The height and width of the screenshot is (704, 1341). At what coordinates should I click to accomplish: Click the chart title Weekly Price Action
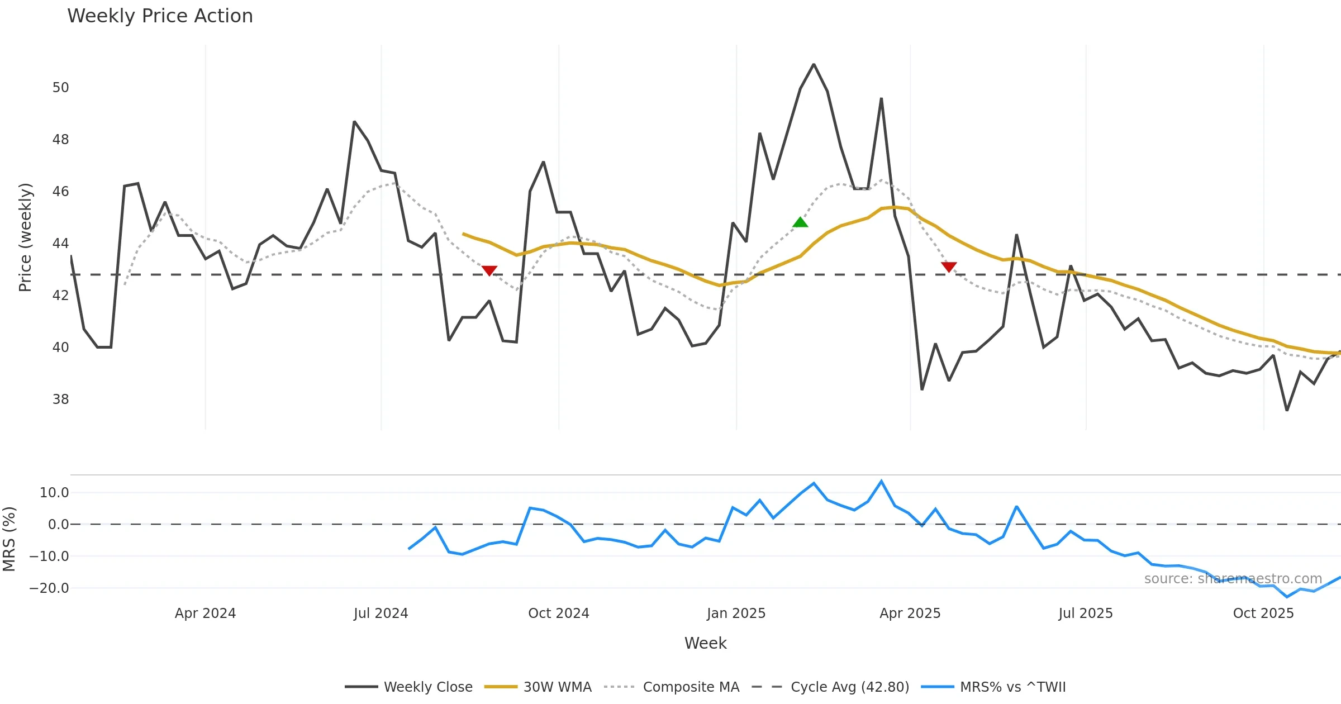point(160,16)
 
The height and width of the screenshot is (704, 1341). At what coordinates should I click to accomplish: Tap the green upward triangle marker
point(800,222)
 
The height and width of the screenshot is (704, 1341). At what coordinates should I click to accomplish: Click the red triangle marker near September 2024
point(489,270)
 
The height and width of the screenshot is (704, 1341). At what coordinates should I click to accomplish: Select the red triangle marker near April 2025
point(949,267)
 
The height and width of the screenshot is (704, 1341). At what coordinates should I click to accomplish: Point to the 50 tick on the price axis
point(60,88)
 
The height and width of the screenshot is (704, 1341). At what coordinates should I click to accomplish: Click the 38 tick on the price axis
point(60,399)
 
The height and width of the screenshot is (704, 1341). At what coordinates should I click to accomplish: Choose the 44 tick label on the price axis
point(60,244)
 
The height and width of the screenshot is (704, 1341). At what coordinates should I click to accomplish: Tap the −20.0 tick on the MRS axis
point(49,588)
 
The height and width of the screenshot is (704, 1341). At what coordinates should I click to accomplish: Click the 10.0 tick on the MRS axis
point(54,493)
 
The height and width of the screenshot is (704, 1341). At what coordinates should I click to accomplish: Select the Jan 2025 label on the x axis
point(736,613)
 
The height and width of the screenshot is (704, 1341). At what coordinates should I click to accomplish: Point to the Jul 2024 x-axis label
point(381,613)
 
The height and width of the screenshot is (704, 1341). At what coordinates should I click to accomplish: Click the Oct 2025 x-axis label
point(1263,613)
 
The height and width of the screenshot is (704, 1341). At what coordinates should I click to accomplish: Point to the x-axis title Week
point(706,644)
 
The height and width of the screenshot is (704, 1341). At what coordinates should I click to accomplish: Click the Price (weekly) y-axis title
point(25,237)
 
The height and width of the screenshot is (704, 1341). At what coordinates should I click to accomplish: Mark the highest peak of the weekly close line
point(814,65)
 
